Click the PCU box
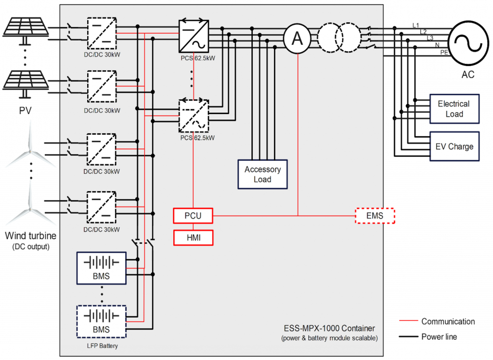pyautogui.click(x=193, y=216)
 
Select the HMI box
pyautogui.click(x=193, y=237)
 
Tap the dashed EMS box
pyautogui.click(x=375, y=216)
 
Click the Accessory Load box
pyautogui.click(x=262, y=174)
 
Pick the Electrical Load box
pyautogui.click(x=454, y=109)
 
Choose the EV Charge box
pyautogui.click(x=454, y=146)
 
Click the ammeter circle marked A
pyautogui.click(x=298, y=39)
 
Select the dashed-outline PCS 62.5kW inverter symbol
pyautogui.click(x=194, y=116)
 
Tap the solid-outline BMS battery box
pyautogui.click(x=102, y=267)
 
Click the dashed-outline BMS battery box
pyautogui.click(x=102, y=321)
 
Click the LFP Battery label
pyautogui.click(x=102, y=346)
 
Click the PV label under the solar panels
pyautogui.click(x=25, y=111)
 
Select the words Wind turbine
pyautogui.click(x=30, y=236)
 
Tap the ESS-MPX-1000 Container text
pyautogui.click(x=329, y=328)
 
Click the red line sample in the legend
pyautogui.click(x=408, y=321)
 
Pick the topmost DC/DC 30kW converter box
pyautogui.click(x=102, y=33)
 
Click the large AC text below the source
pyautogui.click(x=467, y=75)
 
